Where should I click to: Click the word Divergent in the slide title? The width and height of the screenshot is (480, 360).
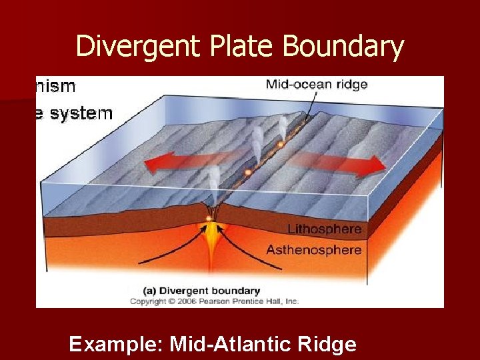(x=127, y=47)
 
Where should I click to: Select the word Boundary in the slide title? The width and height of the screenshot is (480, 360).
(x=343, y=47)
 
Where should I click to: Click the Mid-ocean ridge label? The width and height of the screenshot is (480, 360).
(x=317, y=85)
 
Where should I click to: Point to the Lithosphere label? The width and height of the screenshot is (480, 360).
(x=324, y=229)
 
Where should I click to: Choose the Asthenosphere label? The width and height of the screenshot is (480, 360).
(x=314, y=250)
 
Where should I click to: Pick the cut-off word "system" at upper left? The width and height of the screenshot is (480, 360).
(x=80, y=113)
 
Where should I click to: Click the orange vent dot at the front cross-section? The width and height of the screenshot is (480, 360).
(x=209, y=218)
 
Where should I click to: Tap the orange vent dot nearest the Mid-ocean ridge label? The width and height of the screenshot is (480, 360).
(x=281, y=144)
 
